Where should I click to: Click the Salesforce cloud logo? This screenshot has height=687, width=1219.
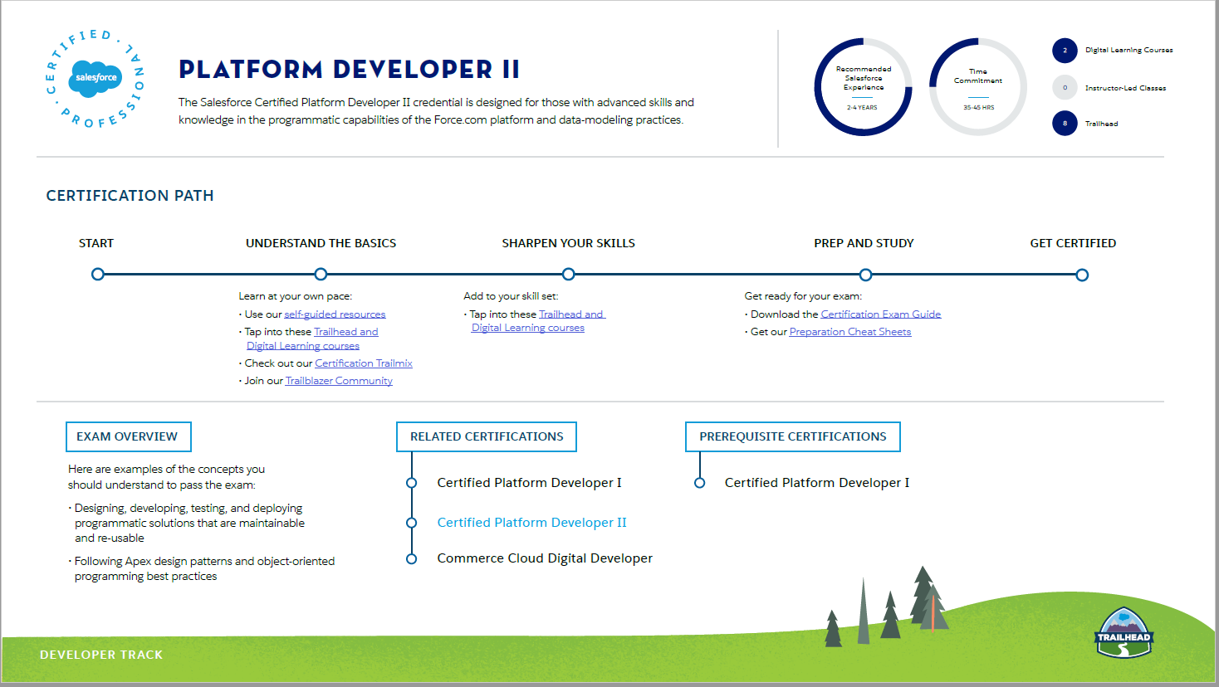pos(95,78)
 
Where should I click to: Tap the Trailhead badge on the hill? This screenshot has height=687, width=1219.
pos(1124,632)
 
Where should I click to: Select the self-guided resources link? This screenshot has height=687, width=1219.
pos(335,314)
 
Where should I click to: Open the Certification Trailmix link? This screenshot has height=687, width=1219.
pos(364,363)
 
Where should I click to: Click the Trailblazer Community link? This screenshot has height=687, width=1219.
pos(339,381)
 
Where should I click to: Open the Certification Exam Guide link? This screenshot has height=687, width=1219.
pos(880,314)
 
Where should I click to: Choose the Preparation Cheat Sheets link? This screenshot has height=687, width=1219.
pos(850,332)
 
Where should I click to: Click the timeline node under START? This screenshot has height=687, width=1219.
pos(98,274)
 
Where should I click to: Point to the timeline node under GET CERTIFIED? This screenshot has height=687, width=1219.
pos(1082,275)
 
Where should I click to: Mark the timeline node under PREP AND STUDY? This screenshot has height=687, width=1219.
pos(865,275)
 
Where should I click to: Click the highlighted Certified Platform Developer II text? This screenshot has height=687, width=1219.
pos(531,523)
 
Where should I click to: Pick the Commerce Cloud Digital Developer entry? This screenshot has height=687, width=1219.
pos(545,558)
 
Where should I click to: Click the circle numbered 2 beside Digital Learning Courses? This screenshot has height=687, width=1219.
pos(1065,51)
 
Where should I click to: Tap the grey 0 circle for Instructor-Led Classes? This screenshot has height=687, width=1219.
pos(1065,88)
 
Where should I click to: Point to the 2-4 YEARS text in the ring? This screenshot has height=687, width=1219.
pos(862,108)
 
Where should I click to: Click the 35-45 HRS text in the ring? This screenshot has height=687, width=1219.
pos(978,108)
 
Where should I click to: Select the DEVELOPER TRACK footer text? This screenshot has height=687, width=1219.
pos(101,655)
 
